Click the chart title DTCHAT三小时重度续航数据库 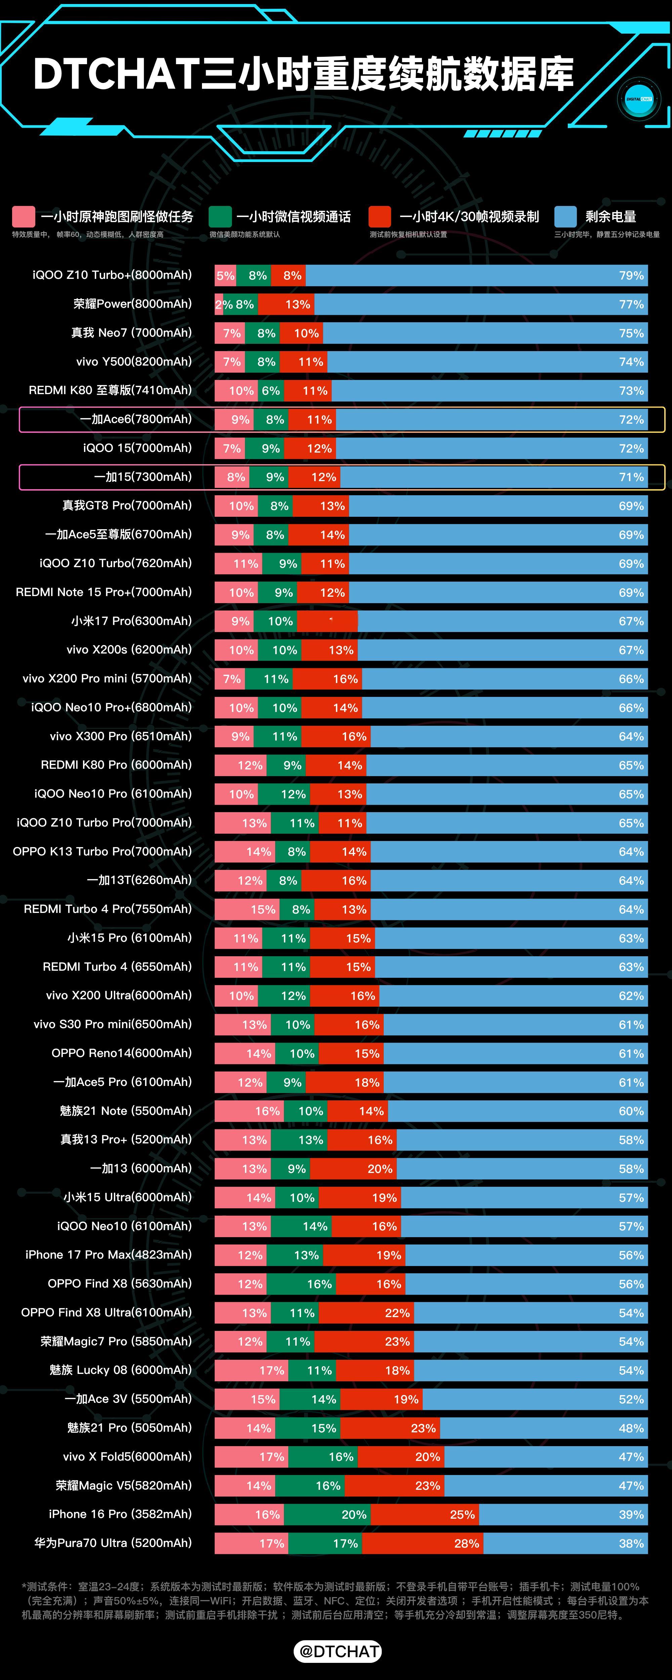pos(303,73)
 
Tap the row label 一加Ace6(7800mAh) pos(136,419)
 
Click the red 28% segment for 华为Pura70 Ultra pos(423,1543)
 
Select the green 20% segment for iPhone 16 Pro pos(328,1514)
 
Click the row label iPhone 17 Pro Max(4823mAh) pos(108,1255)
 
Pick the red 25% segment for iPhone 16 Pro pos(425,1514)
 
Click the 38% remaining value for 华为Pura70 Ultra pos(631,1543)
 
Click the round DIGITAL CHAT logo pos(639,99)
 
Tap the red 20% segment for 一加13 pos(353,1169)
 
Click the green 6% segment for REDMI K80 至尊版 pos(271,391)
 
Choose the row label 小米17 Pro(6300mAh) pos(131,621)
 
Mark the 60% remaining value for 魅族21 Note pos(631,1111)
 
